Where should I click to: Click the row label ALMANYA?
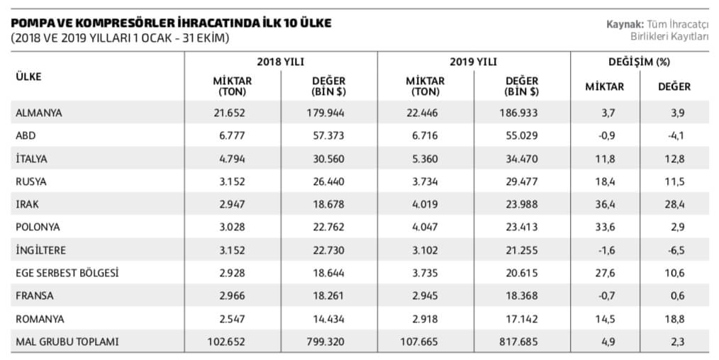pos(39,113)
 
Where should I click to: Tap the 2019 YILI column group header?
pos(473,62)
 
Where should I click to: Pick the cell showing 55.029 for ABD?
pos(521,135)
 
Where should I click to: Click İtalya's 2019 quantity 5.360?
pos(425,158)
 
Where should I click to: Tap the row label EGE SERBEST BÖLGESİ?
pos(67,273)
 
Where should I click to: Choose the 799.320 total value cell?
pos(328,342)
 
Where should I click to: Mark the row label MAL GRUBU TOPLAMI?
pos(67,342)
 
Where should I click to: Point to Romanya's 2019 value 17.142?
pos(521,319)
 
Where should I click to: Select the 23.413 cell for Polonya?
pos(521,227)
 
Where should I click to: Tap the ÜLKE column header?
pos(28,77)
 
